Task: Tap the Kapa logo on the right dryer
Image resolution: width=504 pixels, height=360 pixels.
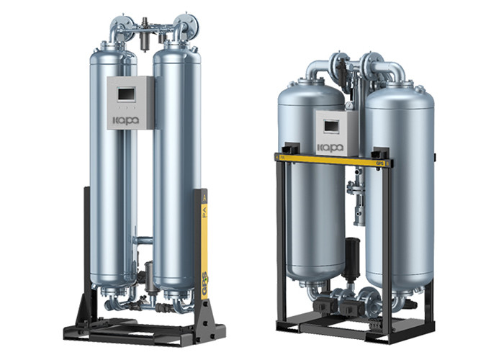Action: (330, 147)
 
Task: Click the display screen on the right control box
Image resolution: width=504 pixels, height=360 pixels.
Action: (332, 127)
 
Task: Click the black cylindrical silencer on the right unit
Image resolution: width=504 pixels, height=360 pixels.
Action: (353, 256)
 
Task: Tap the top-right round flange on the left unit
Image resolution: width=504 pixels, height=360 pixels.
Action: (189, 26)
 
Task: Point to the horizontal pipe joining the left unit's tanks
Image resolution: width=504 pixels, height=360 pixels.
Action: (144, 240)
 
